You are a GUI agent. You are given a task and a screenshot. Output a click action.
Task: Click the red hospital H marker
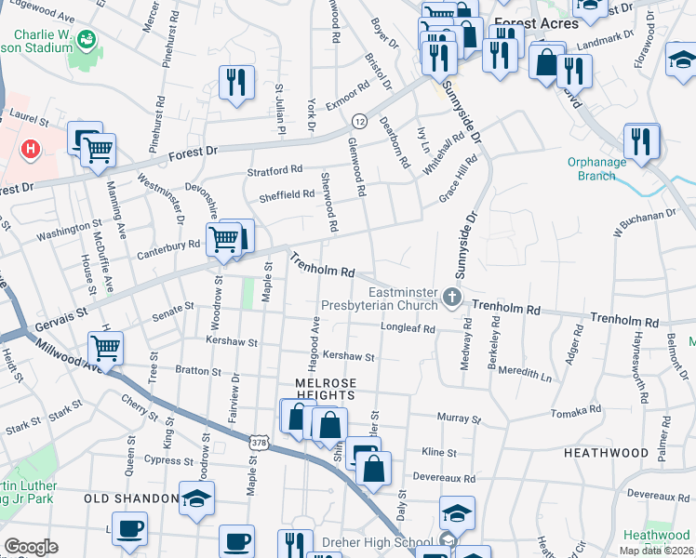pyautogui.click(x=32, y=148)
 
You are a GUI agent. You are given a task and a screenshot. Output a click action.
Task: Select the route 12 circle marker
pyautogui.click(x=359, y=121)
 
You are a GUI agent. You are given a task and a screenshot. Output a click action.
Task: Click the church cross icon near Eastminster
pyautogui.click(x=452, y=298)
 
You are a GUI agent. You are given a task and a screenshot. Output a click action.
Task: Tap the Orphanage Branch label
pyautogui.click(x=598, y=168)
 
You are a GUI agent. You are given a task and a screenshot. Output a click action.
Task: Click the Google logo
pyautogui.click(x=31, y=547)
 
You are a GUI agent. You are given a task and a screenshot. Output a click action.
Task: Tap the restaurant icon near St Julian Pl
pyautogui.click(x=236, y=82)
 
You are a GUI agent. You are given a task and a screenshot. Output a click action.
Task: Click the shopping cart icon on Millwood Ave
pyautogui.click(x=105, y=349)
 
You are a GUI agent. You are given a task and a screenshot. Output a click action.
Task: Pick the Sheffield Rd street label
pyautogui.click(x=287, y=194)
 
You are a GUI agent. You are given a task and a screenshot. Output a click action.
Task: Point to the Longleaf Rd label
pyautogui.click(x=408, y=329)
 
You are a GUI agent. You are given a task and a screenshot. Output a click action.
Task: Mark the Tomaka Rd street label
pyautogui.click(x=577, y=411)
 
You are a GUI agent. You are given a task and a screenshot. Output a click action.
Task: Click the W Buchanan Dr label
pyautogui.click(x=643, y=223)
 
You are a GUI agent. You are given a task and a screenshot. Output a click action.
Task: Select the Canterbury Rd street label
pyautogui.click(x=168, y=246)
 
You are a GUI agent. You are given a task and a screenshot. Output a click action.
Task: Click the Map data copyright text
pyautogui.click(x=656, y=551)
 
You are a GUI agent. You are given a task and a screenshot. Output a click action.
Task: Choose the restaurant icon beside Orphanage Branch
pyautogui.click(x=641, y=140)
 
